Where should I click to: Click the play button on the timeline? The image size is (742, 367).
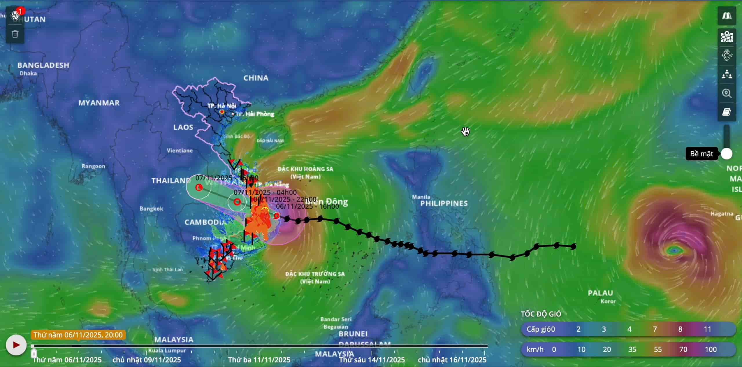click(x=16, y=345)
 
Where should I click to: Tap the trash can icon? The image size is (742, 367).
click(x=15, y=34)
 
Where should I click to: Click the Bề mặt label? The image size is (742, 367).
click(x=701, y=154)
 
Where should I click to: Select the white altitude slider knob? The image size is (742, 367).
click(x=726, y=154)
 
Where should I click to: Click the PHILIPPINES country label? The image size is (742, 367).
click(x=444, y=204)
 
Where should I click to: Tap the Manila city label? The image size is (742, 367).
click(x=421, y=197)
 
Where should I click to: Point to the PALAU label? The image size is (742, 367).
click(x=600, y=293)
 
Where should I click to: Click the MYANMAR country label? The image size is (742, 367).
click(x=99, y=103)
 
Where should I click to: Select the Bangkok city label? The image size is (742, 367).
click(x=151, y=209)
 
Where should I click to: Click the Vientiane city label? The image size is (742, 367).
click(x=180, y=150)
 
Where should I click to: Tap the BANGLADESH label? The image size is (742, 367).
click(x=43, y=65)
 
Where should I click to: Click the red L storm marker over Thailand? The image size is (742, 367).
click(x=199, y=187)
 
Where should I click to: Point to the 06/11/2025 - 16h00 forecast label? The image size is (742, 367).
click(x=307, y=206)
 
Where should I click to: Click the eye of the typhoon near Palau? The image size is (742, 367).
click(x=674, y=250)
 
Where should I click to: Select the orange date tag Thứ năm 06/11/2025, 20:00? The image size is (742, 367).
click(x=78, y=335)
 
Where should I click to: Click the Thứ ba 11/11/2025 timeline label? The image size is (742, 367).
click(x=259, y=360)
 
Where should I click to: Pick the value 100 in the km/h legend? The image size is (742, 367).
click(x=711, y=349)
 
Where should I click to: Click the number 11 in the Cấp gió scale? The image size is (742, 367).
click(x=708, y=329)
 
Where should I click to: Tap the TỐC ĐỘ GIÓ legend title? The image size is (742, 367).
click(x=541, y=314)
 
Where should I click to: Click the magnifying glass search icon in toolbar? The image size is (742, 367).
click(x=727, y=93)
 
